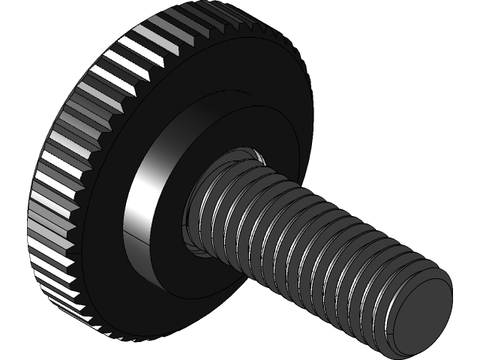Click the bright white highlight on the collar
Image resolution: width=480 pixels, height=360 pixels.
(x=142, y=187)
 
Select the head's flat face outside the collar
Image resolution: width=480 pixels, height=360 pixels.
(x=247, y=82)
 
